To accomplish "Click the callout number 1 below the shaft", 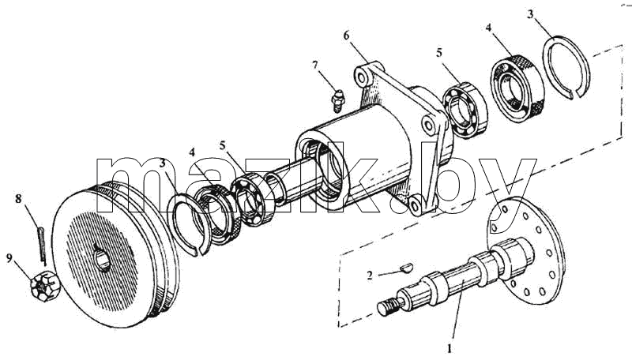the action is point(450,348).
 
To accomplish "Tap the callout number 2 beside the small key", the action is point(370,276).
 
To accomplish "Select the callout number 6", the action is point(347,36).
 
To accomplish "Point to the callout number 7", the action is point(315,65).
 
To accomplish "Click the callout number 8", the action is point(18,198).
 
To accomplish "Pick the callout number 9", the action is point(9,257).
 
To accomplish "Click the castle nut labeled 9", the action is point(45,287).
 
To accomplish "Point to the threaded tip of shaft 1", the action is point(388,307).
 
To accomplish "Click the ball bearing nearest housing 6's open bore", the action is point(253,198).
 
